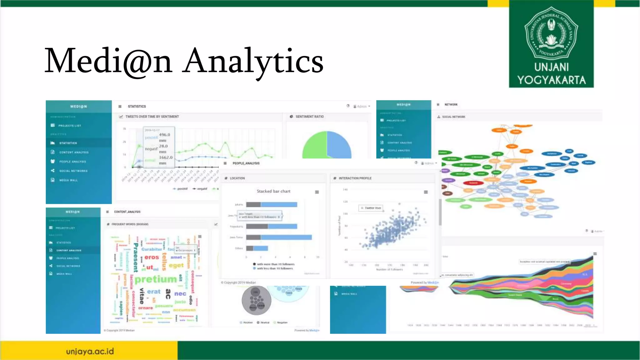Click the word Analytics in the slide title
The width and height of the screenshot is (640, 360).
[x=253, y=61]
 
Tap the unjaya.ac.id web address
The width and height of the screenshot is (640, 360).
[x=90, y=351]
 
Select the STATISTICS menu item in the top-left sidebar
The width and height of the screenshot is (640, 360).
[x=68, y=143]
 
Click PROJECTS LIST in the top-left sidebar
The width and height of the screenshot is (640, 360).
[x=69, y=126]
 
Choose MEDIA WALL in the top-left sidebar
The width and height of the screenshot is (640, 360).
[x=68, y=180]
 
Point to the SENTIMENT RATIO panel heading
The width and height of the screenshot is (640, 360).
[x=309, y=117]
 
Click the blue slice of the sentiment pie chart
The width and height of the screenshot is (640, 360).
[x=339, y=145]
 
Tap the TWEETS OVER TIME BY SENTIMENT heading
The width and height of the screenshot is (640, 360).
[x=152, y=117]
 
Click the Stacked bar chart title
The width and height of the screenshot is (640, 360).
[x=273, y=191]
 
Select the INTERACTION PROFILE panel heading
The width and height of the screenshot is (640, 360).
[x=355, y=178]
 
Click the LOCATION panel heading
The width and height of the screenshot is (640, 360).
[x=237, y=178]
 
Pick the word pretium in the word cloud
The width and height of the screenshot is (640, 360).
[x=156, y=279]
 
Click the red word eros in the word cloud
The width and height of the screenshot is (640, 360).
[x=152, y=257]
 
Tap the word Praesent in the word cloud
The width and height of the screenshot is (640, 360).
[x=136, y=257]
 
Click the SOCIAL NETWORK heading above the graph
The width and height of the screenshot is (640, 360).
[x=453, y=117]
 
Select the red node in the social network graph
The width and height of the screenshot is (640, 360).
[x=473, y=183]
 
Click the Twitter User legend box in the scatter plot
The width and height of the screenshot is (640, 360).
[x=371, y=208]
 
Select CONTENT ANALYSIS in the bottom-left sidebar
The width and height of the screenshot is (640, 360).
[x=69, y=250]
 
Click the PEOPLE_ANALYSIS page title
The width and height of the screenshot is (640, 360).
[x=246, y=163]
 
